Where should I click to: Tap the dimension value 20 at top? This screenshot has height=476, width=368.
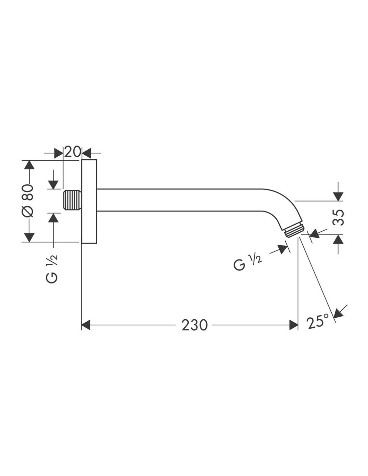(x=73, y=152)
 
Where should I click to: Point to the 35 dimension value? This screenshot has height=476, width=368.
(x=338, y=218)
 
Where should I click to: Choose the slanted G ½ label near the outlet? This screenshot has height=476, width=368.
(x=248, y=262)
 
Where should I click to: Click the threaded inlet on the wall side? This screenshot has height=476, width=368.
(x=72, y=200)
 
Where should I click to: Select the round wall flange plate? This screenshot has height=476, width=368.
(x=89, y=201)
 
